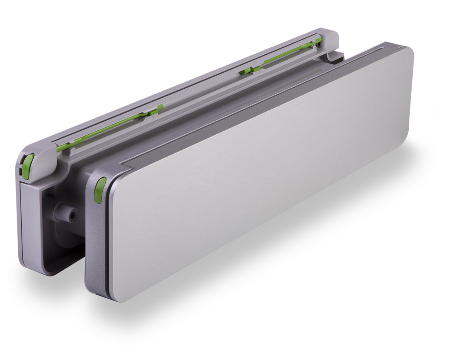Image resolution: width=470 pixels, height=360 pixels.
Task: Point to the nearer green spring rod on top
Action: tap(110, 128)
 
